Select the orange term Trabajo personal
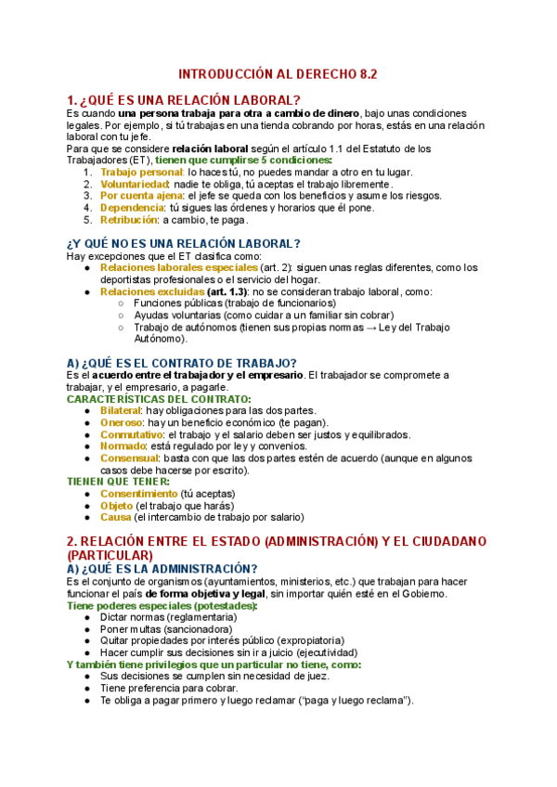point(142,173)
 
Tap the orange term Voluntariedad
point(135,185)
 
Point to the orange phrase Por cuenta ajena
point(141,197)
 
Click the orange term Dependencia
point(133,209)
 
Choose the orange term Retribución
point(129,221)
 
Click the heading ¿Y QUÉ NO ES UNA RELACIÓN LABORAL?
point(184,244)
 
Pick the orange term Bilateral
point(120,410)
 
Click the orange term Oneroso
point(121,422)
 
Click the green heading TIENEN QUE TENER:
point(118,483)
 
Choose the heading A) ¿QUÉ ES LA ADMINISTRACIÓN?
point(162,568)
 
